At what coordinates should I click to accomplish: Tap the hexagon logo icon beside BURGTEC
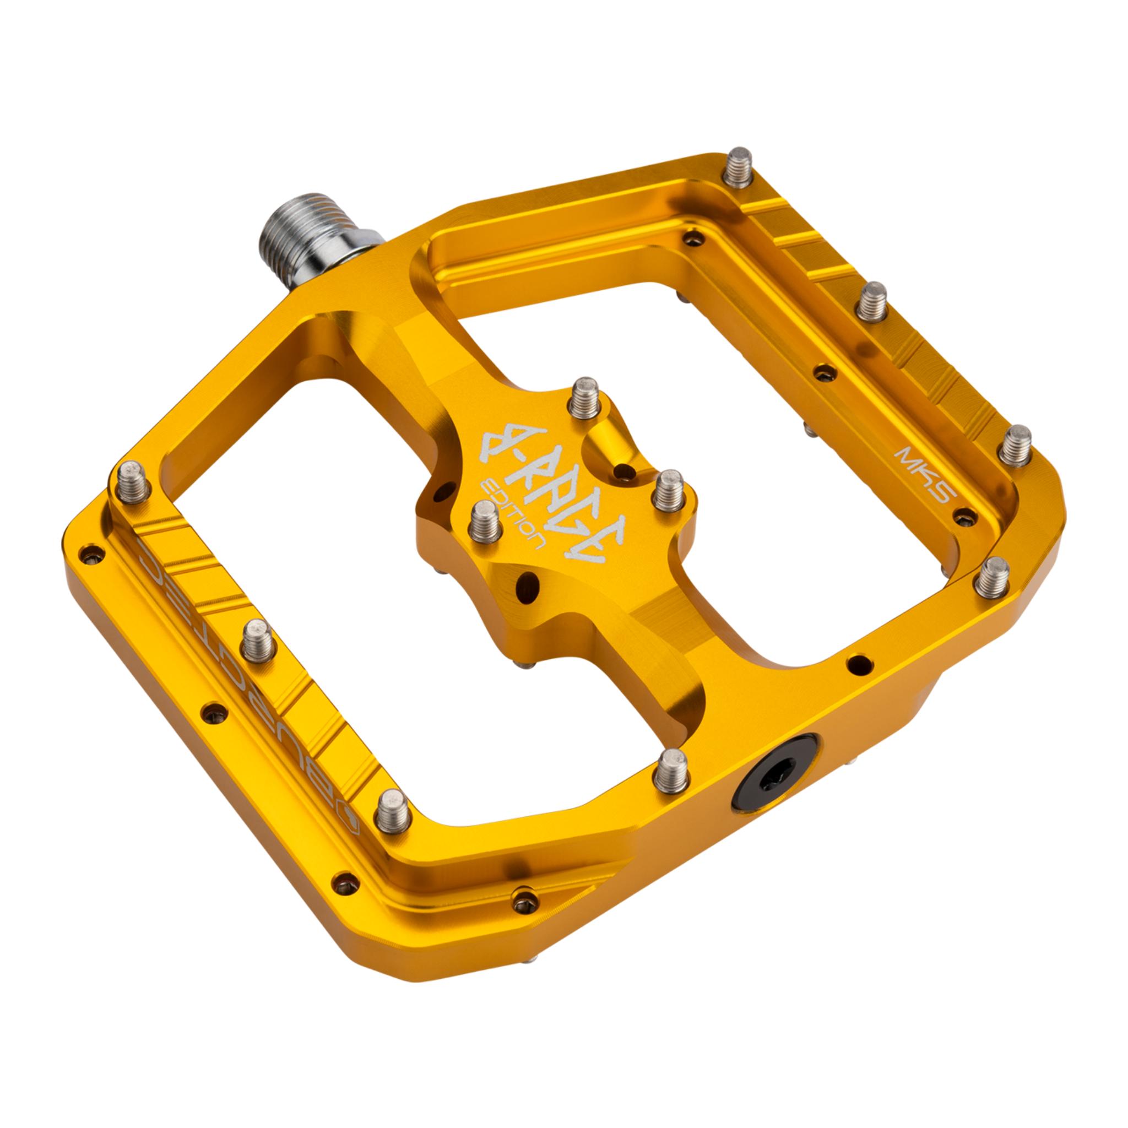click(x=351, y=829)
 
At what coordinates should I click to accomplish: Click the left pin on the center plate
click(x=486, y=521)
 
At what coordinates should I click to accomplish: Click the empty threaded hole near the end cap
click(x=857, y=663)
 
